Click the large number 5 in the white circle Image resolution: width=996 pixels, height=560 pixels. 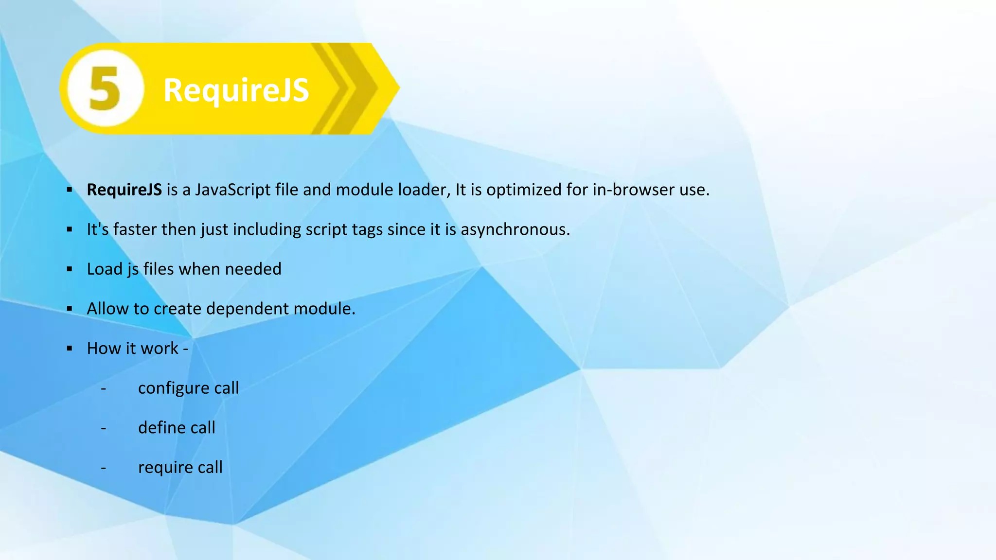(105, 88)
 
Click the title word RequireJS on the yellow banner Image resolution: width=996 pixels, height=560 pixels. (236, 90)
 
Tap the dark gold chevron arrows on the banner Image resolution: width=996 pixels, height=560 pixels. (348, 88)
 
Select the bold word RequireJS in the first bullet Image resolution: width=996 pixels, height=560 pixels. (124, 190)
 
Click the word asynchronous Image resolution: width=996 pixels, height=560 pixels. (515, 229)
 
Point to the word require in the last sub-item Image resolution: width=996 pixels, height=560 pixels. (165, 468)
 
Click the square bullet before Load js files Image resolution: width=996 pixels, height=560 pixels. (70, 269)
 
